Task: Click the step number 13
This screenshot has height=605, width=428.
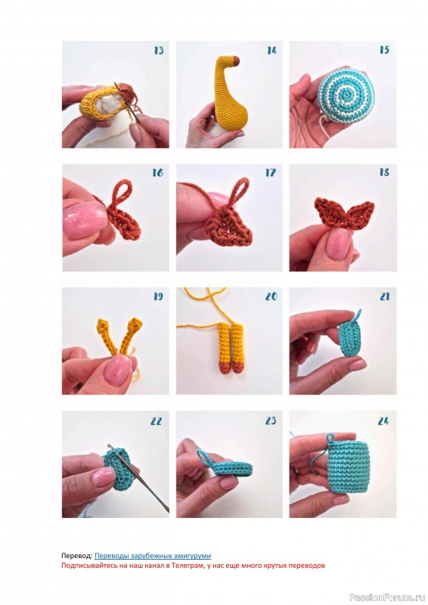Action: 159,51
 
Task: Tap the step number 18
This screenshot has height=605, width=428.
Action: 384,172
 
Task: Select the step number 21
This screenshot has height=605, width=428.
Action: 384,296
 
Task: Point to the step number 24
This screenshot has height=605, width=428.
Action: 383,421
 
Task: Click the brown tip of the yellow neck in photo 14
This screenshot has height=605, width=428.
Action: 236,60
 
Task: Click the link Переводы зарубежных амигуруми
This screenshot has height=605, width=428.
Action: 153,556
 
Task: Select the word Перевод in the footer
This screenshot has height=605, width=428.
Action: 76,556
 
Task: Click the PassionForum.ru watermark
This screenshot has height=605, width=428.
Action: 387,597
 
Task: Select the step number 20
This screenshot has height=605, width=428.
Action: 271,296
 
